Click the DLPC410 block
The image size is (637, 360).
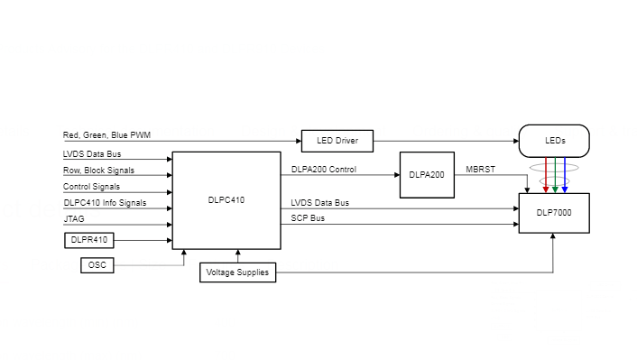click(x=226, y=200)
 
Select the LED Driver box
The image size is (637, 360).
click(x=337, y=141)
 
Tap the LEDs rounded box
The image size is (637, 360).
click(x=554, y=141)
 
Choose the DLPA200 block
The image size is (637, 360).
click(x=427, y=174)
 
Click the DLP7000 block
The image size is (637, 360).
click(x=554, y=213)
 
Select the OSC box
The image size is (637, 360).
click(x=97, y=265)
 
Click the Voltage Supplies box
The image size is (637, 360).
click(x=237, y=272)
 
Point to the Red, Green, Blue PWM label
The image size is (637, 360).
click(x=106, y=135)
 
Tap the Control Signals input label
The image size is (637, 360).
click(x=91, y=187)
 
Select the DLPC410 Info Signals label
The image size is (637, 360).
click(x=105, y=203)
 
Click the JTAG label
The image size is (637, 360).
click(x=74, y=219)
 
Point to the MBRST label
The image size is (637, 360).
click(x=480, y=170)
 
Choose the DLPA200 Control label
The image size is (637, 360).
click(x=324, y=170)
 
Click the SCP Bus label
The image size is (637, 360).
click(x=309, y=219)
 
